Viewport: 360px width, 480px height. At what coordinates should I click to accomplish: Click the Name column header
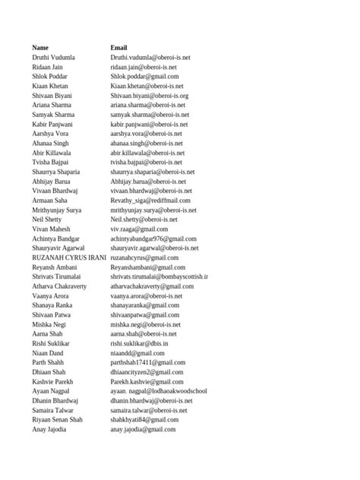40,48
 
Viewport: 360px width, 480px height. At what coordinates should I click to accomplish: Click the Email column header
119,48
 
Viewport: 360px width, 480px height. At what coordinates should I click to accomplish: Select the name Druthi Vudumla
54,57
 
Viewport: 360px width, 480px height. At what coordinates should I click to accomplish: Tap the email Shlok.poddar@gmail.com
144,76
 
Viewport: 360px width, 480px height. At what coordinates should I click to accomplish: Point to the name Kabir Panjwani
53,124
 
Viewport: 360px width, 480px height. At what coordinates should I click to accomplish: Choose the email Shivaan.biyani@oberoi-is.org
150,96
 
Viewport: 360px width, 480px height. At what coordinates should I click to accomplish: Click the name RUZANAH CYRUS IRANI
69,257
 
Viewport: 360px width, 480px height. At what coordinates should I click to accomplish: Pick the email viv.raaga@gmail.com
139,229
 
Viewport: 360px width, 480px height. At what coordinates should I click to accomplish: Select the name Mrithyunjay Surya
57,210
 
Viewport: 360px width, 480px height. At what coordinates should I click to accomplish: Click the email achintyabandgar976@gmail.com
153,238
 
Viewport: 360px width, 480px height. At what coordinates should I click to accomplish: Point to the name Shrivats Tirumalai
58,276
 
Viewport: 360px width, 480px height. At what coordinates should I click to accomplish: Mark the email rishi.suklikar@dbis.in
139,343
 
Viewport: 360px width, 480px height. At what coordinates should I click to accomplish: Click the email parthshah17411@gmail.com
147,362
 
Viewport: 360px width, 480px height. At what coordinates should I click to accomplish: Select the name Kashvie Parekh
53,381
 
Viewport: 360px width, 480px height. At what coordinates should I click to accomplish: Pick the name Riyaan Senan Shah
58,419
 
